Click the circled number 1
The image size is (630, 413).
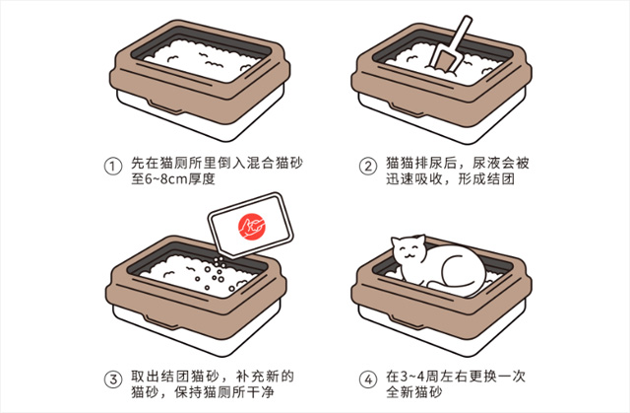click(x=113, y=167)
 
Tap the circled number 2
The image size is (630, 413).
click(x=367, y=167)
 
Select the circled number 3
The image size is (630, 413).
click(x=113, y=379)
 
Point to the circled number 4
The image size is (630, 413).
click(x=367, y=379)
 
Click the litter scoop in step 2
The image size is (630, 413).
click(x=449, y=47)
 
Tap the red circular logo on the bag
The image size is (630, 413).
click(x=252, y=227)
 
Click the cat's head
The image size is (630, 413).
click(x=409, y=252)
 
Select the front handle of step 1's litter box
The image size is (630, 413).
click(x=163, y=106)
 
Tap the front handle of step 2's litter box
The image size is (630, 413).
click(x=408, y=108)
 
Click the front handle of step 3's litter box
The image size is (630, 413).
click(x=161, y=321)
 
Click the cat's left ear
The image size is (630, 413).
click(x=397, y=241)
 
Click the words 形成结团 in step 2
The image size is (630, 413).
click(x=486, y=179)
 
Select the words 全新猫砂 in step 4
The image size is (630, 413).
click(x=414, y=392)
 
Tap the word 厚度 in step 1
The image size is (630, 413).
click(x=202, y=179)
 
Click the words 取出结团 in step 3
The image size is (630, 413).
click(x=159, y=377)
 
